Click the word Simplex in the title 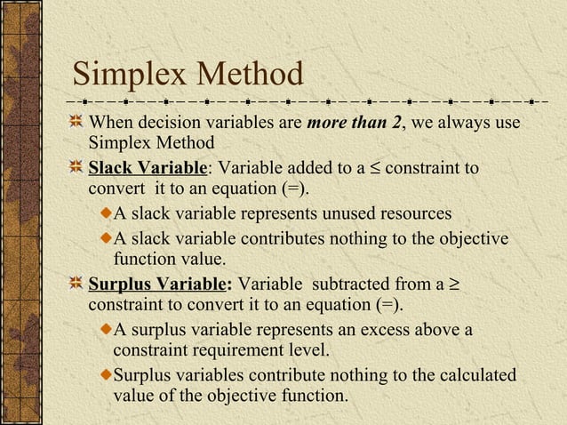pos(126,75)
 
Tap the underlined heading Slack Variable pos(148,168)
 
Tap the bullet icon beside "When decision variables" pos(77,122)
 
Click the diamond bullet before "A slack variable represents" pos(107,214)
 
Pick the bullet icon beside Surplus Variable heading pos(77,285)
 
